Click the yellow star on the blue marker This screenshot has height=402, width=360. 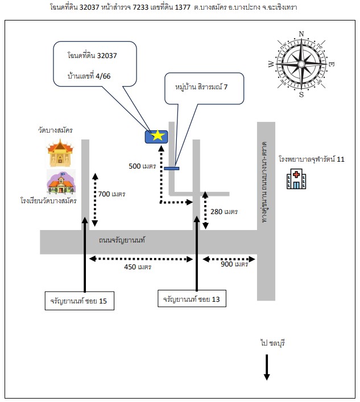[x=158, y=136]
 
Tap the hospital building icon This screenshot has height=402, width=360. [x=296, y=179]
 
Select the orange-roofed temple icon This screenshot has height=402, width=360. [x=60, y=153]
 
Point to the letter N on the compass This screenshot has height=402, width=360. [x=301, y=34]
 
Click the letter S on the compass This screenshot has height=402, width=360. [x=301, y=95]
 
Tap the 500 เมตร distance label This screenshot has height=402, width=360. [x=142, y=166]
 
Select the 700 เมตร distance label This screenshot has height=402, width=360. [x=111, y=194]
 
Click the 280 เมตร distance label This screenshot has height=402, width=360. [x=224, y=211]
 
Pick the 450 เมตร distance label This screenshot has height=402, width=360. [x=138, y=267]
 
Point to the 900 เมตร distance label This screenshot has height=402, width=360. [x=234, y=264]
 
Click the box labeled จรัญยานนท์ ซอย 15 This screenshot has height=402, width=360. [x=80, y=301]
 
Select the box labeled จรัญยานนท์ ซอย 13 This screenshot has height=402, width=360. [x=192, y=298]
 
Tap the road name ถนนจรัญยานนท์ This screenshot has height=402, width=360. [x=122, y=240]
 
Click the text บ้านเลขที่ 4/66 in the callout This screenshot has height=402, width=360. [x=89, y=76]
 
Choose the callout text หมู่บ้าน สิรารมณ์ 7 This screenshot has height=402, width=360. [x=201, y=87]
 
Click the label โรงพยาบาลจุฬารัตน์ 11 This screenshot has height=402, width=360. [x=312, y=159]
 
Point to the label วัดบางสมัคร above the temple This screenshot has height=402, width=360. [x=55, y=130]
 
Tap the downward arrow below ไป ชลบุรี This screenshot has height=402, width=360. [x=267, y=367]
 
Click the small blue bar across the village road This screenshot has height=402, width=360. [x=172, y=169]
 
